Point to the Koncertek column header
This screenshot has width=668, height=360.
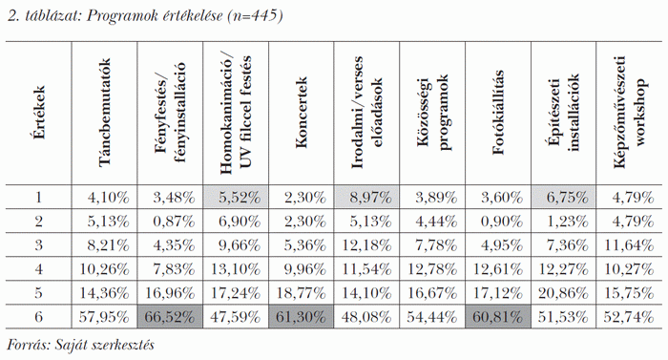click(302, 115)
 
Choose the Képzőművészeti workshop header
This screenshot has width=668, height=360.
click(627, 115)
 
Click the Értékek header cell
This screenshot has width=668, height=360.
click(38, 115)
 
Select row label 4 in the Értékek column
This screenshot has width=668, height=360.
click(38, 267)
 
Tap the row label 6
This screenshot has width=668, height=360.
click(38, 315)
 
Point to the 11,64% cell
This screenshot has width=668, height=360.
click(627, 244)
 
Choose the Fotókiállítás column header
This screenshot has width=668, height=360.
click(497, 115)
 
